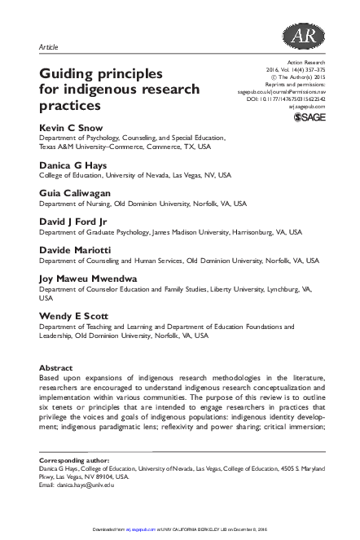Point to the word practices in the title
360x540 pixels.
(x=70, y=106)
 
